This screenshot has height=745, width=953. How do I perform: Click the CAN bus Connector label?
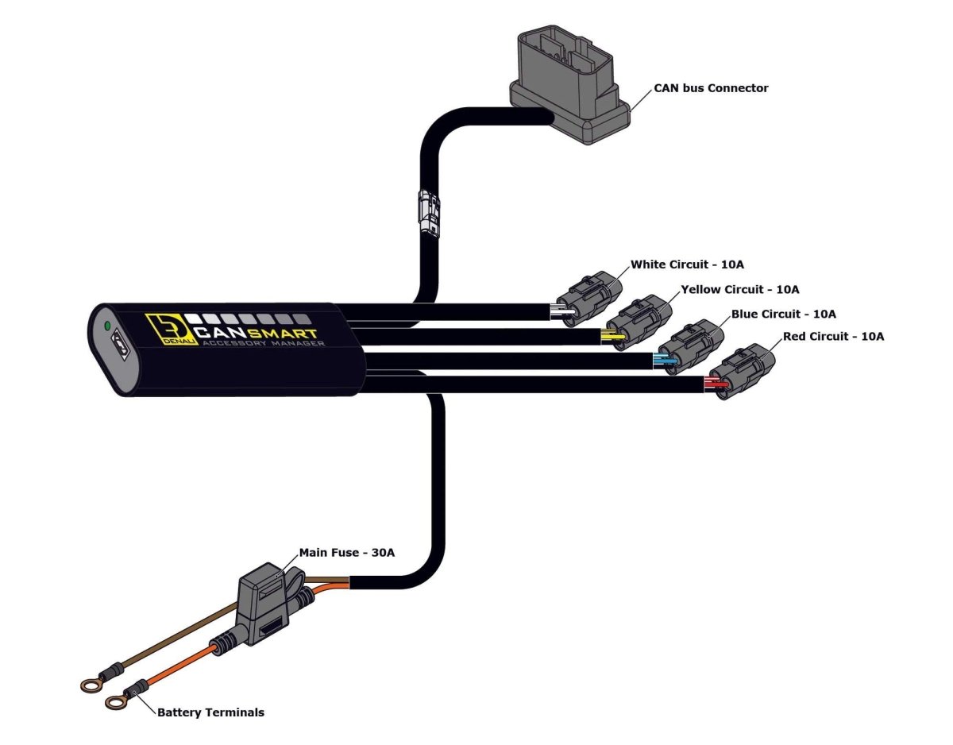pos(711,88)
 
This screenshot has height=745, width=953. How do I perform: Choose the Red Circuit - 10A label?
pos(833,337)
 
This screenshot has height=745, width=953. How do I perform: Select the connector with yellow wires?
pos(642,322)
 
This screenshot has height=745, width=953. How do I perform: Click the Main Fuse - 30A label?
pos(346,552)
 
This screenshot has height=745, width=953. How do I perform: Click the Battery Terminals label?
pos(210,712)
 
